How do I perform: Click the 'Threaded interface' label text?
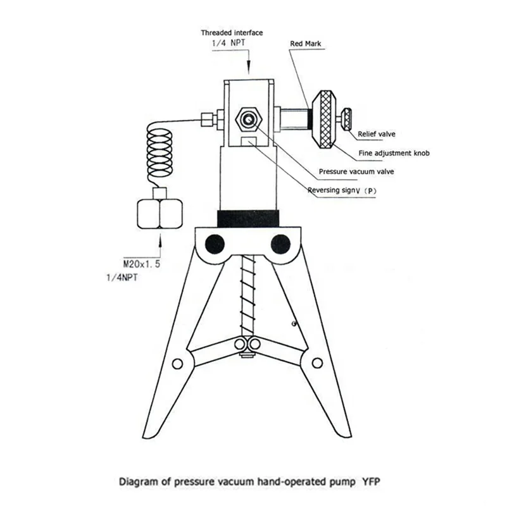click(x=231, y=32)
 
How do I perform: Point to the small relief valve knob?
click(x=347, y=118)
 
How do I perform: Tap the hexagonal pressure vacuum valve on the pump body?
click(x=247, y=118)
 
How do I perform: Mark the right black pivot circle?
click(x=280, y=243)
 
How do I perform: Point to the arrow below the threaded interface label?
click(x=248, y=63)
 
